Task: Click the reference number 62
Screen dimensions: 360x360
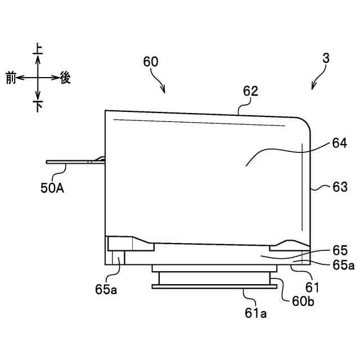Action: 251,91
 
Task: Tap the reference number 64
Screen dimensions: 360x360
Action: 339,143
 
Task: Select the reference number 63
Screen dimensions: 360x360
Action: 340,186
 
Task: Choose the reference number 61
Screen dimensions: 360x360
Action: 312,287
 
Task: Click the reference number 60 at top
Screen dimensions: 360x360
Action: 151,62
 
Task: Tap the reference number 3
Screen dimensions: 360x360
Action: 326,58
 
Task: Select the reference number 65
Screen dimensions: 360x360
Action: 340,250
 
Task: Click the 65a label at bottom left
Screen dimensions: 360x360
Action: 106,291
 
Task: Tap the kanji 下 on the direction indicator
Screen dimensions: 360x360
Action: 38,106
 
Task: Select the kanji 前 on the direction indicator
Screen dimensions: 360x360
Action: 11,78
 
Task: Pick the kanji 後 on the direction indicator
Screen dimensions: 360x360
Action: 65,78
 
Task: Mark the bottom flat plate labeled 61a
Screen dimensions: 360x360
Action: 214,286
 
